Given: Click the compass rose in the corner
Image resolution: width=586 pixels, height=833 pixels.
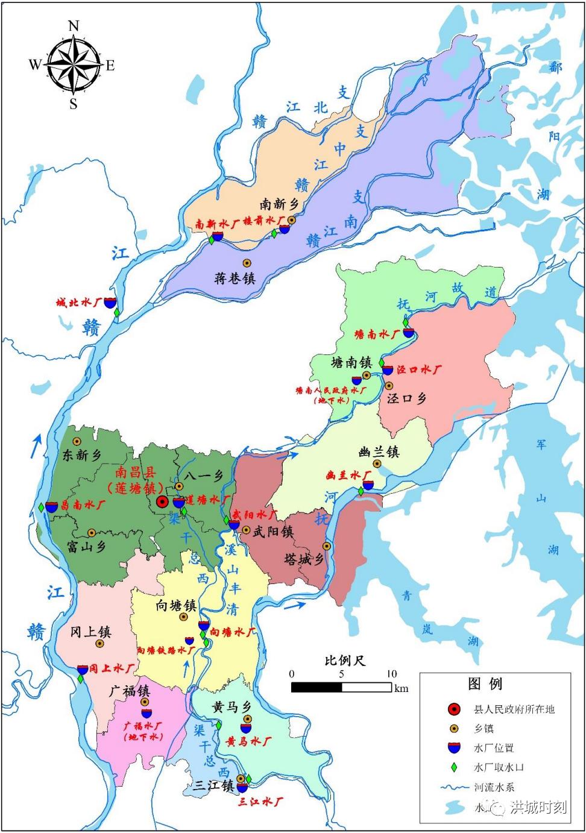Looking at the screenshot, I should pos(73,65).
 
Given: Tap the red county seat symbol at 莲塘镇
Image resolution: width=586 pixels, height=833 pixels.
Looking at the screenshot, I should pos(162,501).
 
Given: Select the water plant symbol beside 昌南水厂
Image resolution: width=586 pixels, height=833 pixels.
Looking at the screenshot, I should pos(52,506).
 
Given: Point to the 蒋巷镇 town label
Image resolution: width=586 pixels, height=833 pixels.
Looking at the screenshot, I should pos(235,278).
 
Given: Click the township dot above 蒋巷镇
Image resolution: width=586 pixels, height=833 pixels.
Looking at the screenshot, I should pos(247,263).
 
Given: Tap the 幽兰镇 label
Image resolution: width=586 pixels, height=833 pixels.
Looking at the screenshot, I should pos(379,451).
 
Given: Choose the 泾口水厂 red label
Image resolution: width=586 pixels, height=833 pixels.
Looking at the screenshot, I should pos(418,369).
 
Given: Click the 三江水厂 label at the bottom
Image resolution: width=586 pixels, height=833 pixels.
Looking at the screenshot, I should pos(260,802).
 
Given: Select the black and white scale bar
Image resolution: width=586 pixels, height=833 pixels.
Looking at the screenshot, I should pos(341,687).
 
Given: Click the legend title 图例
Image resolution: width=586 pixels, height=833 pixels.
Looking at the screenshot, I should pos(485,684).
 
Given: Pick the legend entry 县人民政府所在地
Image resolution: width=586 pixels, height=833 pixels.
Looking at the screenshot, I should pos(514,709).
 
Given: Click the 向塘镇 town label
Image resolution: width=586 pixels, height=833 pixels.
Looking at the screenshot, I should pos(176,605).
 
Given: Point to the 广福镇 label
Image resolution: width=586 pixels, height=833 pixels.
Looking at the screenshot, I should pos(129,691).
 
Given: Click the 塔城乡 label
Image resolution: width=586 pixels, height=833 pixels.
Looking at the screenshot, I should pos(304,559).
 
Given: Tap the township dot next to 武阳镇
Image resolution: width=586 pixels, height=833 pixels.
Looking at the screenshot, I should pos(246,530).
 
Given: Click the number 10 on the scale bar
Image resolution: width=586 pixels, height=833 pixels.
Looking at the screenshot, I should pos(391,673).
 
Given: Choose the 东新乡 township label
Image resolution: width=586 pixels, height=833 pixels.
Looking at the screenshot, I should pos(82,455).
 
